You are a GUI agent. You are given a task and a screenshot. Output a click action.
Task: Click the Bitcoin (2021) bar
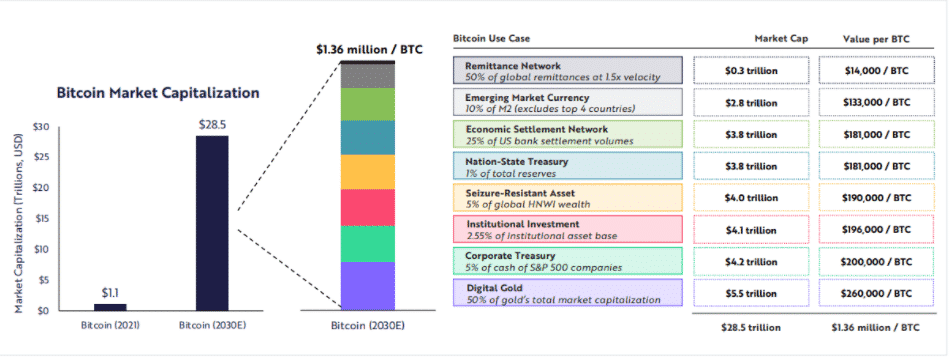point(110,306)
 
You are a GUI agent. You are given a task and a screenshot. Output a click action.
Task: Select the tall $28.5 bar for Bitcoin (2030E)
point(211,222)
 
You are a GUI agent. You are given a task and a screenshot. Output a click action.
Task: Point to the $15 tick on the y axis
point(41,218)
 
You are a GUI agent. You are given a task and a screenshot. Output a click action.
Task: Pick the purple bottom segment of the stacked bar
point(368,285)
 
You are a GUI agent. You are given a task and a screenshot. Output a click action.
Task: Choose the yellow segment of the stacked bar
point(368,171)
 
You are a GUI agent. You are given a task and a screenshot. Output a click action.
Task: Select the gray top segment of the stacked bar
point(368,75)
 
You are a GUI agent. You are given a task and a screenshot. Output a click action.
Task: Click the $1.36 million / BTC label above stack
point(367,47)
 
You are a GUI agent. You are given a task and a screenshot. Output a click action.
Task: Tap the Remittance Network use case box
point(567,70)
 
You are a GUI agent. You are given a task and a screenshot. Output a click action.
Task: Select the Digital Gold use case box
point(567,293)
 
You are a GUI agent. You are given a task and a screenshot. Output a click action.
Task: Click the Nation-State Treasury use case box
point(567,165)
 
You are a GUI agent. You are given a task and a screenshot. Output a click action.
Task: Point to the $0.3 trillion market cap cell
point(751,70)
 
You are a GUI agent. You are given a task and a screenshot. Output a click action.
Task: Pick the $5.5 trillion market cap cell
point(751,293)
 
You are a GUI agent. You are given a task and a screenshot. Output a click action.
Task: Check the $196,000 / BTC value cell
point(869,229)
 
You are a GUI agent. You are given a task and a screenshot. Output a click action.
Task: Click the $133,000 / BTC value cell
point(869,102)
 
